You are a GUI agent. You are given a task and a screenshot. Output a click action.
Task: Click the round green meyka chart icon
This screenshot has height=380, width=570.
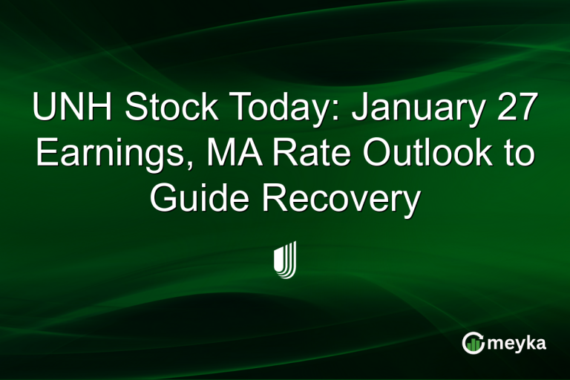[x=474, y=342]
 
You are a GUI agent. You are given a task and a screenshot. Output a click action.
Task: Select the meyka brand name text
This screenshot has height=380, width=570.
[x=520, y=342]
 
